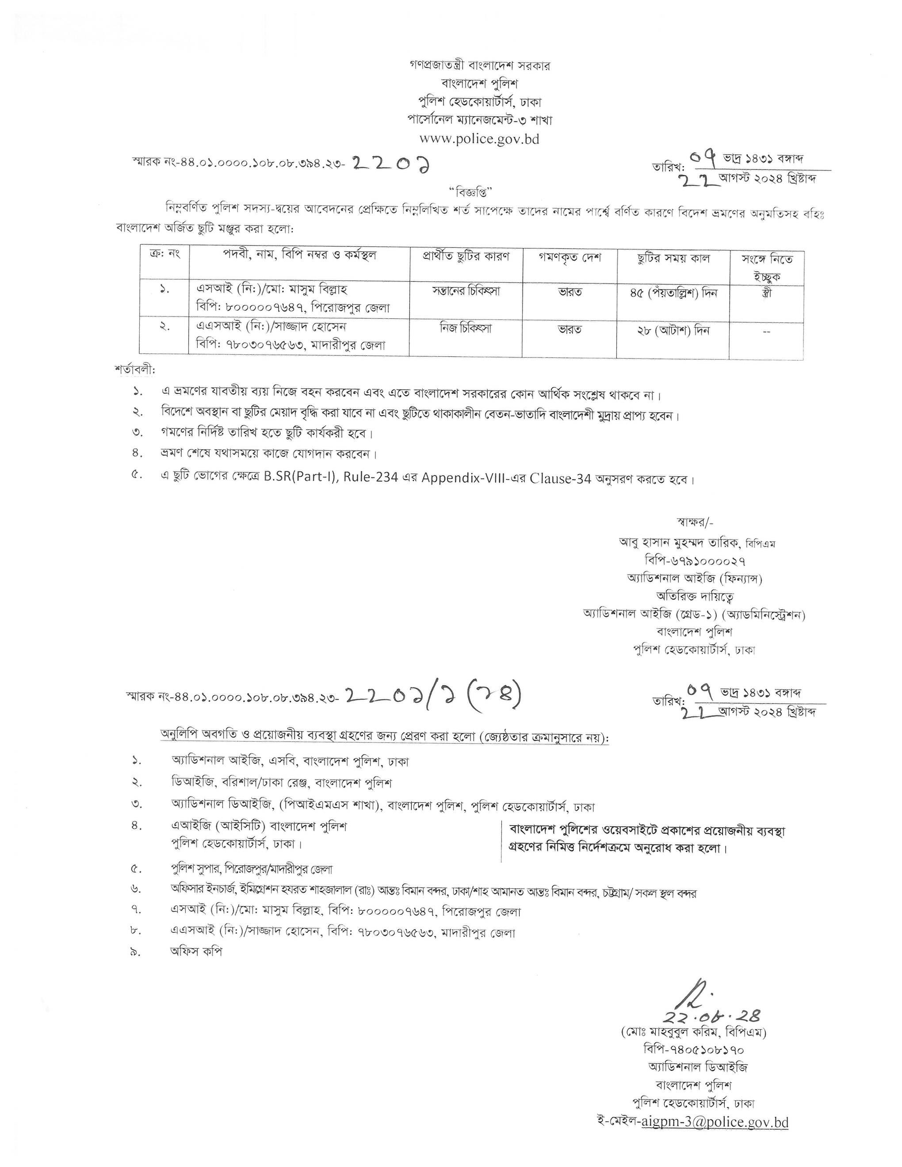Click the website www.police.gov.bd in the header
pyautogui.click(x=479, y=139)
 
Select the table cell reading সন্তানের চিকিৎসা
pyautogui.click(x=466, y=292)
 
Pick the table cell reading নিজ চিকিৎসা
pyautogui.click(x=466, y=328)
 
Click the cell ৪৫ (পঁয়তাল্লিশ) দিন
pyautogui.click(x=673, y=293)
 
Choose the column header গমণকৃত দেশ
pyautogui.click(x=569, y=258)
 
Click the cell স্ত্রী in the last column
pyautogui.click(x=767, y=293)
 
